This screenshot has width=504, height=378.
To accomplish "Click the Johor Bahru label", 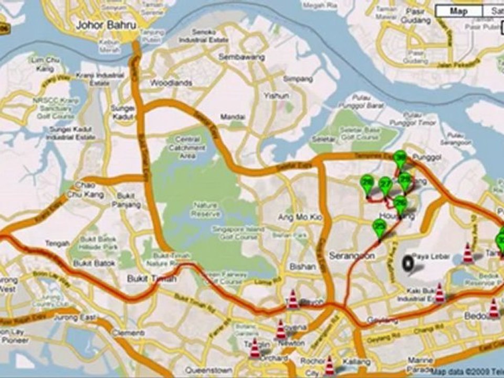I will coord(107,25).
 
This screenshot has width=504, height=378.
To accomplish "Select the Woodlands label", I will coord(171,83).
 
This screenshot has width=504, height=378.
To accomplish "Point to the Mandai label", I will coord(233,117).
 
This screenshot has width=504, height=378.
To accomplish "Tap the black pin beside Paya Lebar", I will coord(408,262).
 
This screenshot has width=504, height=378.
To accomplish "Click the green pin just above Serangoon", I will coord(379,228).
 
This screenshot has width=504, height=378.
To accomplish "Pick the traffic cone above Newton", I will coord(281,329).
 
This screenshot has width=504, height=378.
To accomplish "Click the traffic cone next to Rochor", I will coord(330,365).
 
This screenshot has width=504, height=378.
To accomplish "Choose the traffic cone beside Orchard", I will coord(255,349).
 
